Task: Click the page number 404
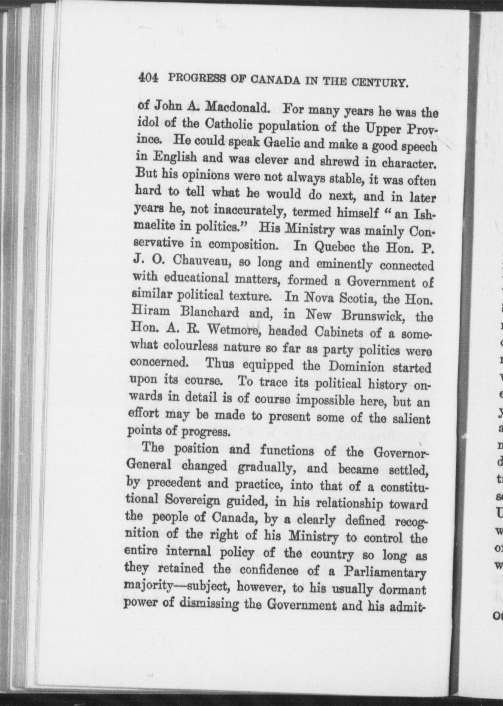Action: click(148, 78)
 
